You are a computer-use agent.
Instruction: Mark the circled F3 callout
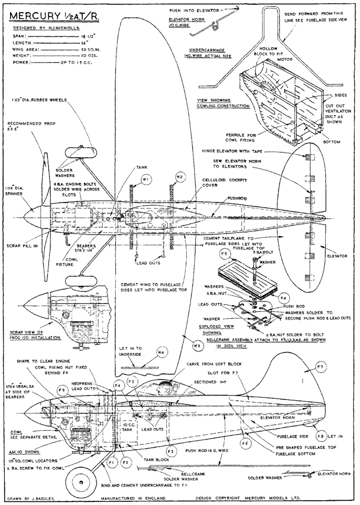click(x=170, y=451)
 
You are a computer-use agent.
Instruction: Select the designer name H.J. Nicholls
click(x=46, y=27)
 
